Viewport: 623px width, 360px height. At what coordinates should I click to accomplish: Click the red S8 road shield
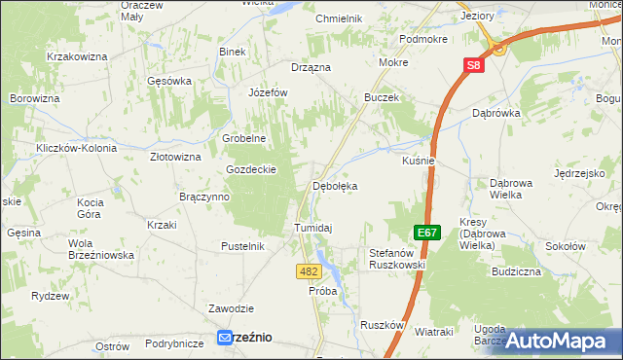pos(472,65)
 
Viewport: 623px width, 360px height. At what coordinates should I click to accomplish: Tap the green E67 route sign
pos(425,234)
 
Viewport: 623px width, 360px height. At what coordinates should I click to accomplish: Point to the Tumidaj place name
pos(313,228)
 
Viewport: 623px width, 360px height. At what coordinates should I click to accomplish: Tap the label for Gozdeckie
pos(252,168)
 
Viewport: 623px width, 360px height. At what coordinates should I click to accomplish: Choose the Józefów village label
pos(269,92)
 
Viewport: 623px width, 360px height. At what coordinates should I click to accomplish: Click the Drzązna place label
pos(311,67)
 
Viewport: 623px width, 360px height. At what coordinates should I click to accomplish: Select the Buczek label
pos(383,98)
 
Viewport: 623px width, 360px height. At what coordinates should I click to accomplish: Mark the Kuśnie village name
pos(418,161)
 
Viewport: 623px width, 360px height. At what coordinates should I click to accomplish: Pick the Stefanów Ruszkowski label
pos(398,258)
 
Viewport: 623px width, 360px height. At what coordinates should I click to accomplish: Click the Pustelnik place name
pos(243,246)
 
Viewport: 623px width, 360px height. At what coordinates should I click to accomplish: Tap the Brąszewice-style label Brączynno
pos(204,197)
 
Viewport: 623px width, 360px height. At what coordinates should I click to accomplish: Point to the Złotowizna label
pos(175,156)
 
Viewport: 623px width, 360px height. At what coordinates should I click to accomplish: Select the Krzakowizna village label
pos(76,57)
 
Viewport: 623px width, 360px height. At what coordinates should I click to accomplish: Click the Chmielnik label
pos(339,18)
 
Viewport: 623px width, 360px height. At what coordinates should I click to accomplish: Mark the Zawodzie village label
pos(231,308)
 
